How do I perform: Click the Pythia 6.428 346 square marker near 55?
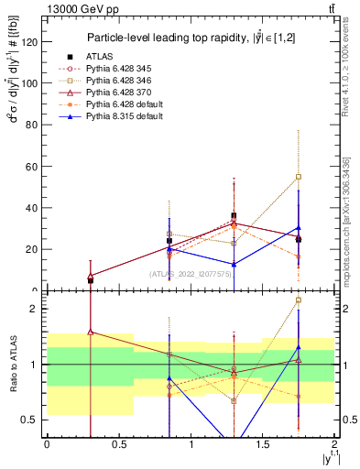tap(299, 177)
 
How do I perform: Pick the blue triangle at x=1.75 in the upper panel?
tap(299, 227)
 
